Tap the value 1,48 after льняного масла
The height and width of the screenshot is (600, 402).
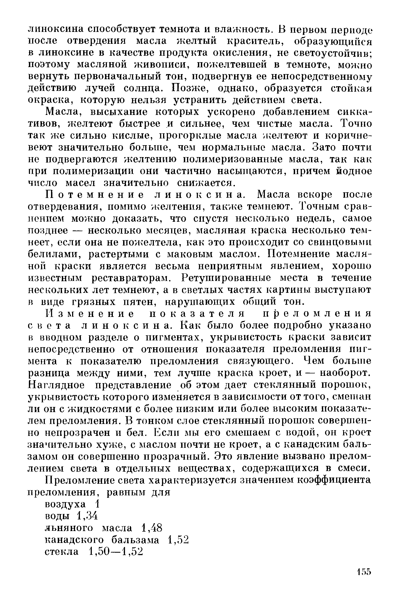(x=151, y=528)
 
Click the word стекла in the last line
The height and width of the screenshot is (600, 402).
(x=61, y=552)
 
